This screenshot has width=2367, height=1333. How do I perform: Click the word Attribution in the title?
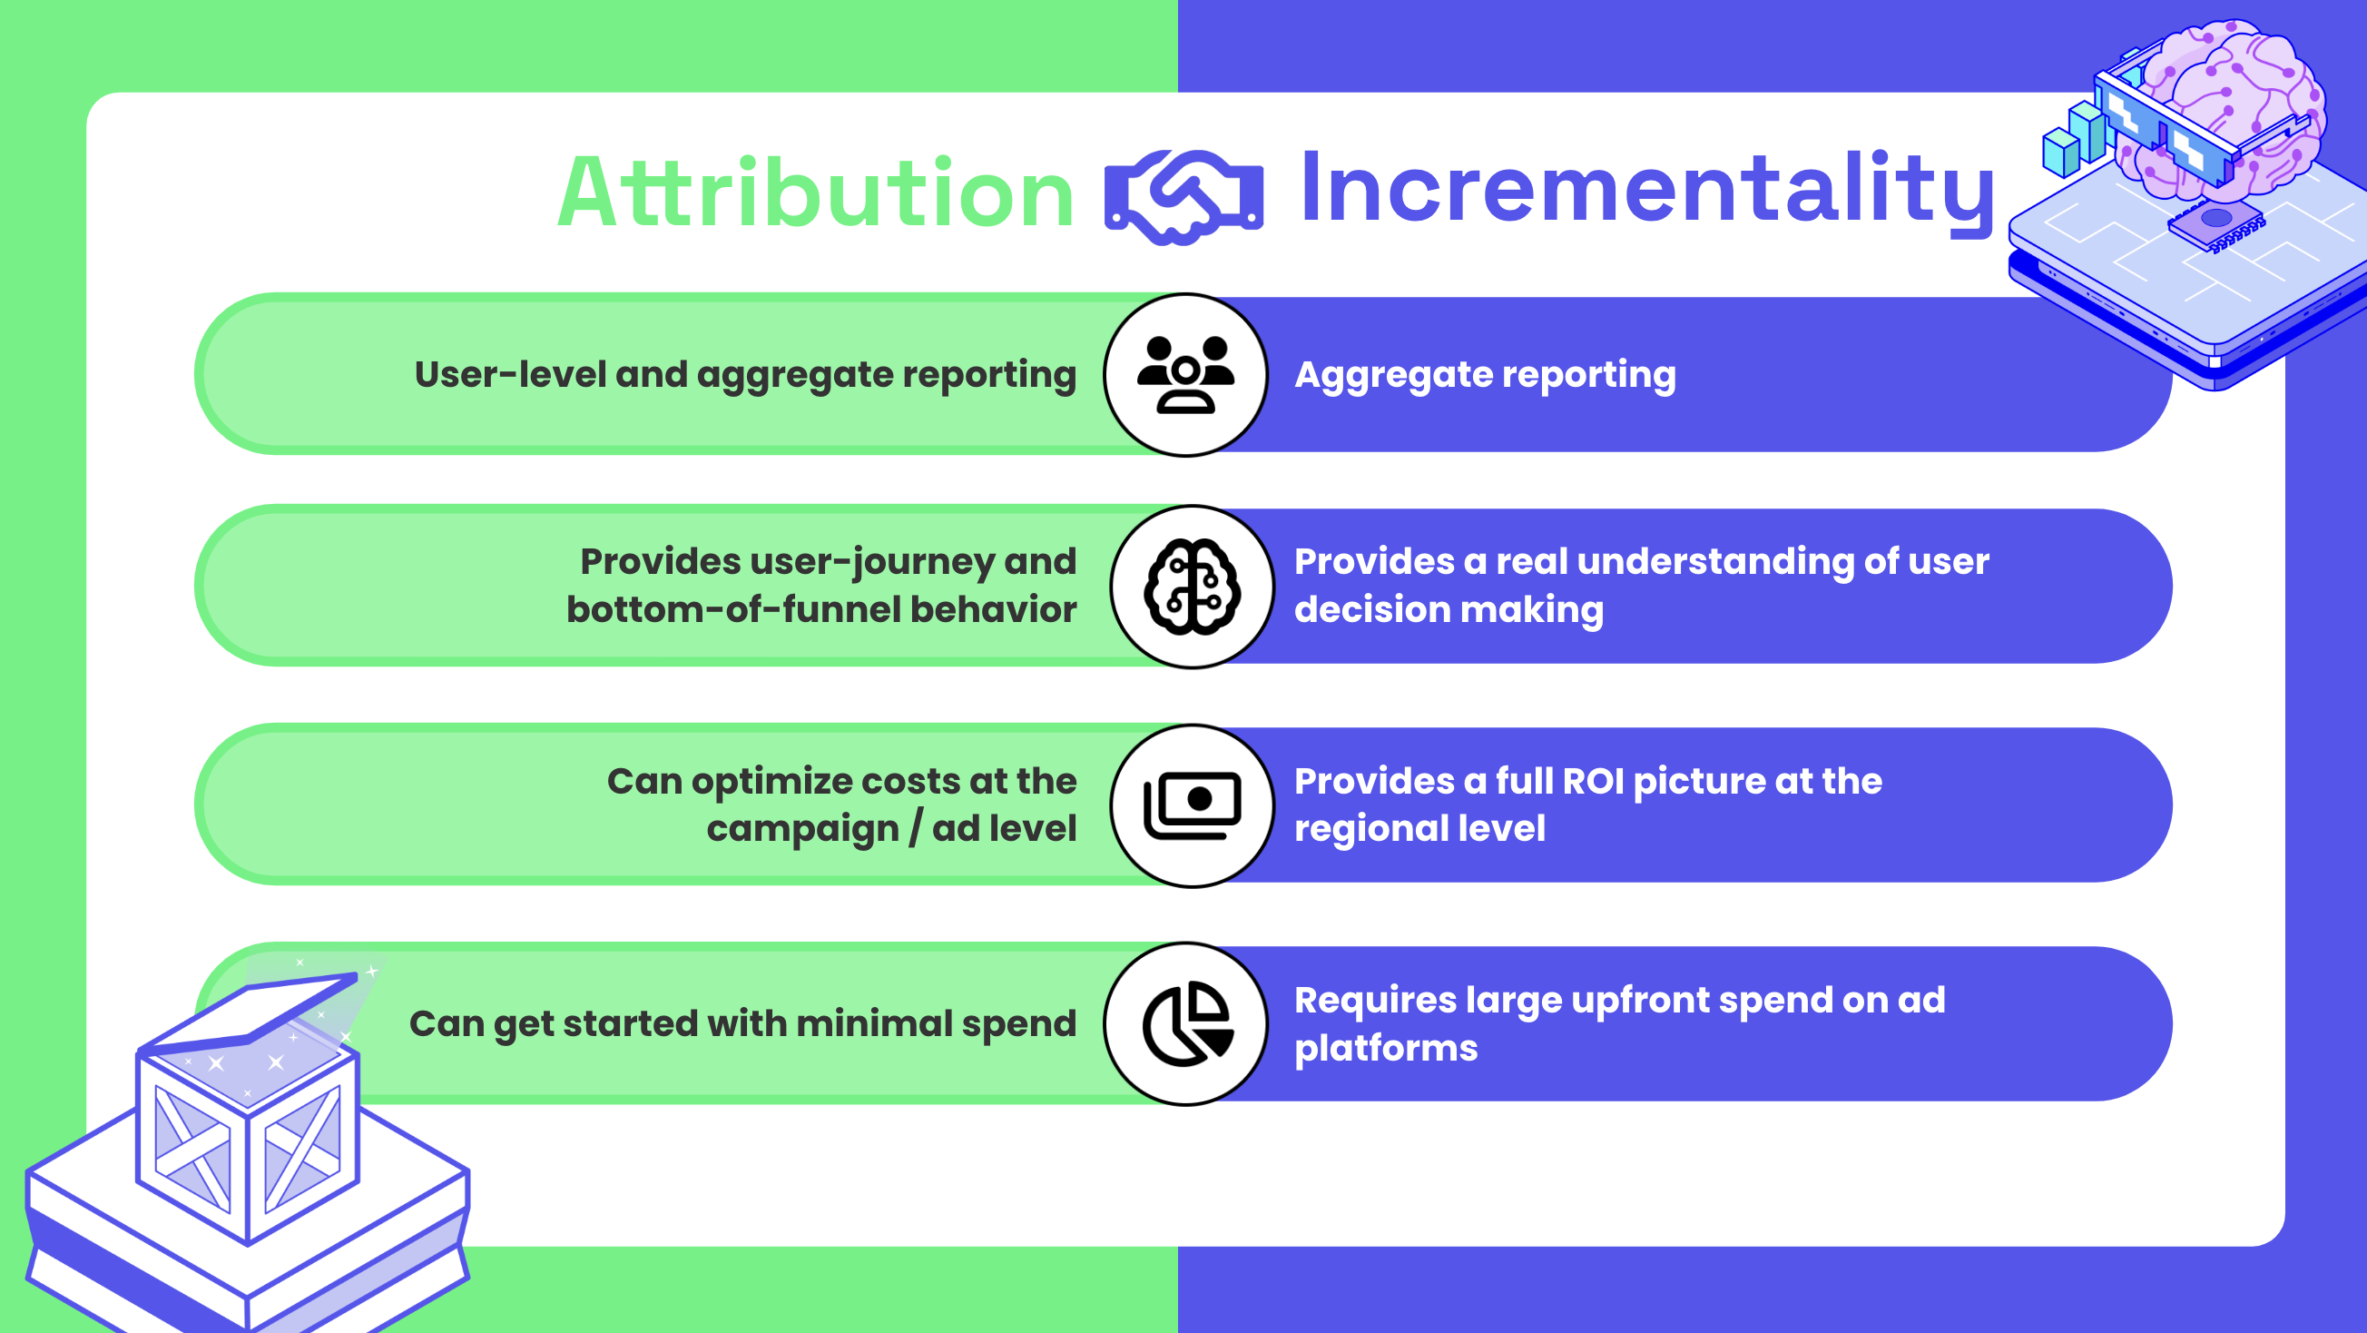point(816,193)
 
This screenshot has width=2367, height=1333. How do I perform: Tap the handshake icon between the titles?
point(1183,197)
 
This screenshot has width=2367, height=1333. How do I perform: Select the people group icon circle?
point(1185,375)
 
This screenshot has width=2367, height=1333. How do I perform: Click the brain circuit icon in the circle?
point(1193,587)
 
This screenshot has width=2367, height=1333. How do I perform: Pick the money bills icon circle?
point(1193,805)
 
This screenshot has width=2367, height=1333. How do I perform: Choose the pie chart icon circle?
point(1185,1024)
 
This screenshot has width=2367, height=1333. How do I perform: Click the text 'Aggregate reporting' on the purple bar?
point(1485,375)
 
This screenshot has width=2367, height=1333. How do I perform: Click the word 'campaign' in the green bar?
point(802,829)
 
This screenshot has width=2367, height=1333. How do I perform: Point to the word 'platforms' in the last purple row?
point(1386,1049)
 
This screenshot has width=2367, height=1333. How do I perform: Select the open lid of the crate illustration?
point(248,1012)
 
